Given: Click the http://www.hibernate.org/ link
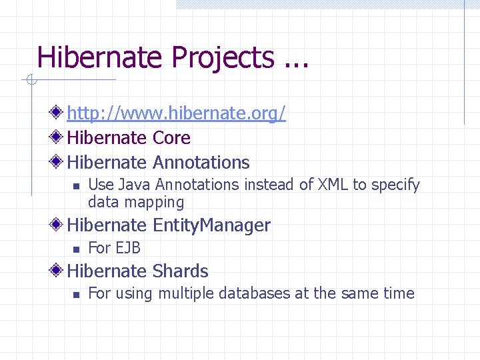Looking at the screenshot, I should point(176,114).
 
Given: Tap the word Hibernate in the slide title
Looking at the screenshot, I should point(101,58).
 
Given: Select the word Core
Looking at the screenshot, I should point(171,138).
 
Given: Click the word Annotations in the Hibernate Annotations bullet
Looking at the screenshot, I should point(201,163).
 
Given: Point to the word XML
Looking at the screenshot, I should point(333,185).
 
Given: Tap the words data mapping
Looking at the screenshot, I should point(136,202).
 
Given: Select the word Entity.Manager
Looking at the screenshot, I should point(211,226).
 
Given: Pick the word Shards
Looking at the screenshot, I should point(180,271).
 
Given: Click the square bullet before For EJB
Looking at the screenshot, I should point(76,249).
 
